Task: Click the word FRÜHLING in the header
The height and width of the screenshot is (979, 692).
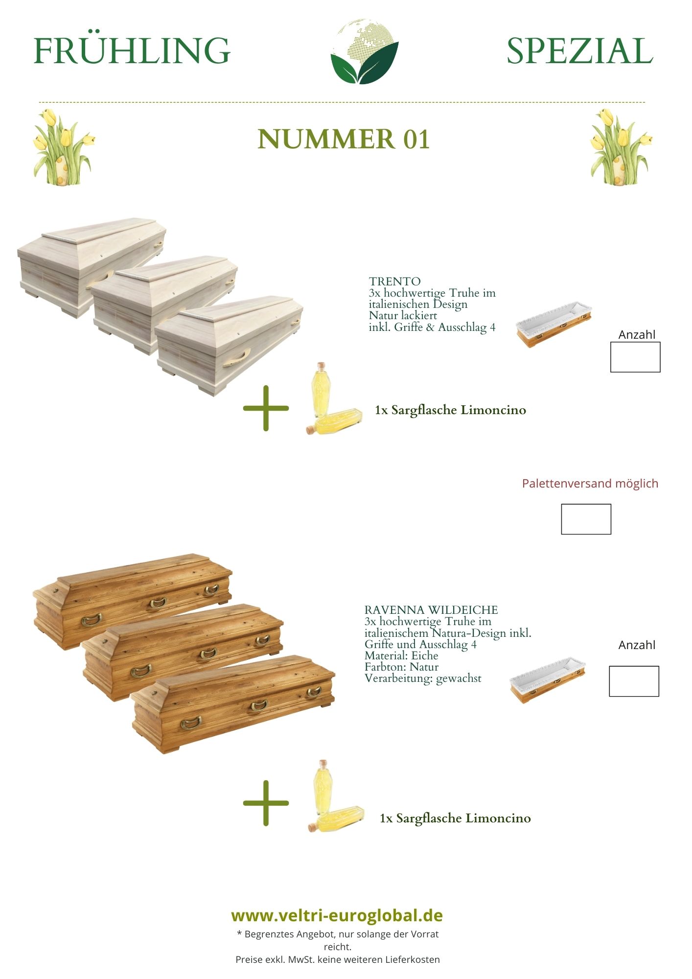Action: pos(132,50)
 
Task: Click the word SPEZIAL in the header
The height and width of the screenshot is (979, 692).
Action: pos(580,50)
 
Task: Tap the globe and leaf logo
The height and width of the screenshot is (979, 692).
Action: pos(365,51)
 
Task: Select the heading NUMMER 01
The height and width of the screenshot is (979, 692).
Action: pos(344,139)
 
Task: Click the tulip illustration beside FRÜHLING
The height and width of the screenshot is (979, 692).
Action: pos(63,146)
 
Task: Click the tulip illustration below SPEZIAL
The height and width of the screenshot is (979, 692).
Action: pos(620,146)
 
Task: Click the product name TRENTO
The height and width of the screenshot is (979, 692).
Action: pos(394,281)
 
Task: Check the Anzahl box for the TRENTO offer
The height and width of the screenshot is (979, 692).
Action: pos(635,357)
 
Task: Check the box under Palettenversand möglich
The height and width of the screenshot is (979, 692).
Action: pos(586,519)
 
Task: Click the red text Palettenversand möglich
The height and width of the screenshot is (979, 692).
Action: pos(590,484)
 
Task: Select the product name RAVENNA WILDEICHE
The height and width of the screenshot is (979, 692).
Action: pos(431,610)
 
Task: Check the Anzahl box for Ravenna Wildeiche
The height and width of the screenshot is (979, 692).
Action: pos(634,681)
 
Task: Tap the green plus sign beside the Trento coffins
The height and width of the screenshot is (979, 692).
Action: pos(266,408)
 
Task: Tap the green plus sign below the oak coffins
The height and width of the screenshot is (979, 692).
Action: pos(266,803)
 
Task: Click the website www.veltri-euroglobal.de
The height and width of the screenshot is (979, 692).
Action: pos(337,915)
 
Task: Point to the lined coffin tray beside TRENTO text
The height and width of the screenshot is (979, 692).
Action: pos(554,324)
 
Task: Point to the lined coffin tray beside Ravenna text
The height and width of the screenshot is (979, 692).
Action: pos(548,680)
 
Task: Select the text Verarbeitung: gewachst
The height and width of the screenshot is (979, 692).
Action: pos(423,678)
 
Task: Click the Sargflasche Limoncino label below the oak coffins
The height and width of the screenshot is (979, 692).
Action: pos(455,818)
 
